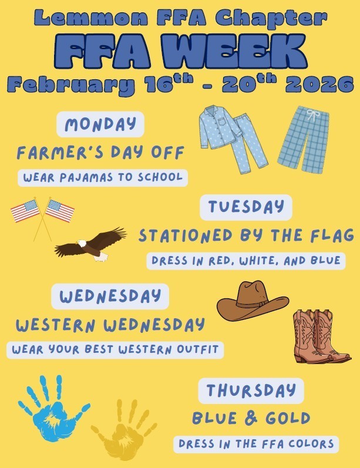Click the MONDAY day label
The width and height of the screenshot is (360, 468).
click(x=100, y=124)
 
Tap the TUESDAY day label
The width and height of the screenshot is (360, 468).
click(x=245, y=207)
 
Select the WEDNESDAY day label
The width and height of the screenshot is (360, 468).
click(x=110, y=296)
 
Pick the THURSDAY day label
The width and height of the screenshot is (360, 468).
click(x=251, y=390)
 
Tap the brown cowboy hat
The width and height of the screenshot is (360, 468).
click(x=253, y=300)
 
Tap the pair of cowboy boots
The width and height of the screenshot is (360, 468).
click(x=321, y=337)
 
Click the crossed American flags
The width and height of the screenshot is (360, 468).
click(x=43, y=214)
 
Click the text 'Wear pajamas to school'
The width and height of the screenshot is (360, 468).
click(x=103, y=177)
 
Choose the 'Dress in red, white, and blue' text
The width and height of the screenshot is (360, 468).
click(x=245, y=261)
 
